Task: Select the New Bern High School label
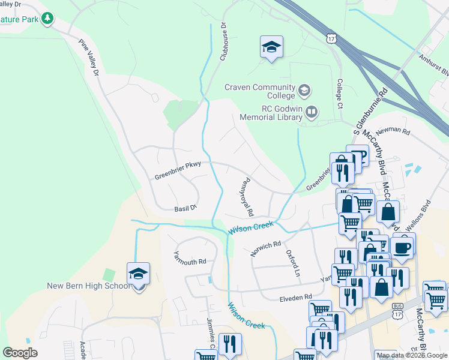coord(88,286)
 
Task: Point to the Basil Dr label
coord(185,208)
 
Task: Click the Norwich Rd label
coord(266,248)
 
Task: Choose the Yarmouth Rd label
coord(190,258)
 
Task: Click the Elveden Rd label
coord(296,297)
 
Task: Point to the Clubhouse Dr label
coord(225,41)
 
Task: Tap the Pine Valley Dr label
coord(89,58)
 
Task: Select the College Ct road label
coord(339,94)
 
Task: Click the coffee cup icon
coord(402,245)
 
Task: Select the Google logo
coord(20,353)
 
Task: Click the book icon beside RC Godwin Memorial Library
coord(312,112)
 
